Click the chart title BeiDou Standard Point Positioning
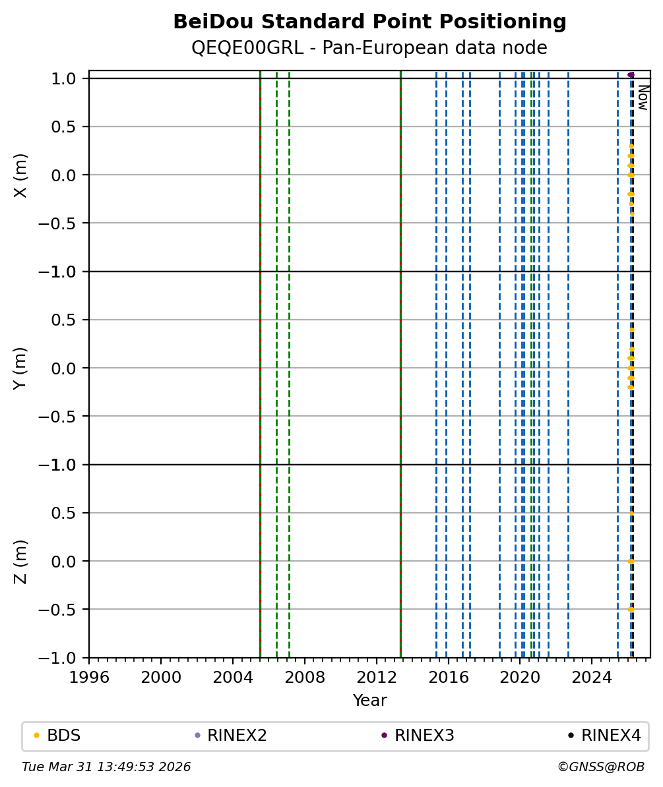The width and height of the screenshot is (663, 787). pyautogui.click(x=369, y=22)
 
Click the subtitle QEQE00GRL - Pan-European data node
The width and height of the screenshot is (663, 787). pyautogui.click(x=369, y=48)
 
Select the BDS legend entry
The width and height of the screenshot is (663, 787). pyautogui.click(x=63, y=736)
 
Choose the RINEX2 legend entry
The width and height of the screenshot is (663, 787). pyautogui.click(x=237, y=736)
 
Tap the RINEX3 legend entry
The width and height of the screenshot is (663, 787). pyautogui.click(x=424, y=736)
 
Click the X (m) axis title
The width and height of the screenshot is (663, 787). pyautogui.click(x=20, y=175)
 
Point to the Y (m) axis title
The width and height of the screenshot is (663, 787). pyautogui.click(x=20, y=368)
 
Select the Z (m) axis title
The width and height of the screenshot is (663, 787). pyautogui.click(x=20, y=561)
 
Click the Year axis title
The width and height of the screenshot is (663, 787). pyautogui.click(x=369, y=700)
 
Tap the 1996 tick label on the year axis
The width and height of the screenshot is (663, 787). pyautogui.click(x=89, y=677)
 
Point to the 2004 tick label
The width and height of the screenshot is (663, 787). pyautogui.click(x=233, y=677)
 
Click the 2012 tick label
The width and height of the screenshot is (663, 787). pyautogui.click(x=377, y=677)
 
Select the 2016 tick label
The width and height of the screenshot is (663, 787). pyautogui.click(x=449, y=677)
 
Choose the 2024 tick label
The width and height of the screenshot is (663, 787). pyautogui.click(x=592, y=677)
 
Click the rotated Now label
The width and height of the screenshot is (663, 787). pyautogui.click(x=643, y=97)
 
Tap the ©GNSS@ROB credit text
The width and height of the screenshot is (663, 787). pyautogui.click(x=600, y=767)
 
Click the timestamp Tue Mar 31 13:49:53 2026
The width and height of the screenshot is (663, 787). pyautogui.click(x=106, y=767)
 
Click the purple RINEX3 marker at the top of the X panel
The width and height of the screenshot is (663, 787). pyautogui.click(x=631, y=75)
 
